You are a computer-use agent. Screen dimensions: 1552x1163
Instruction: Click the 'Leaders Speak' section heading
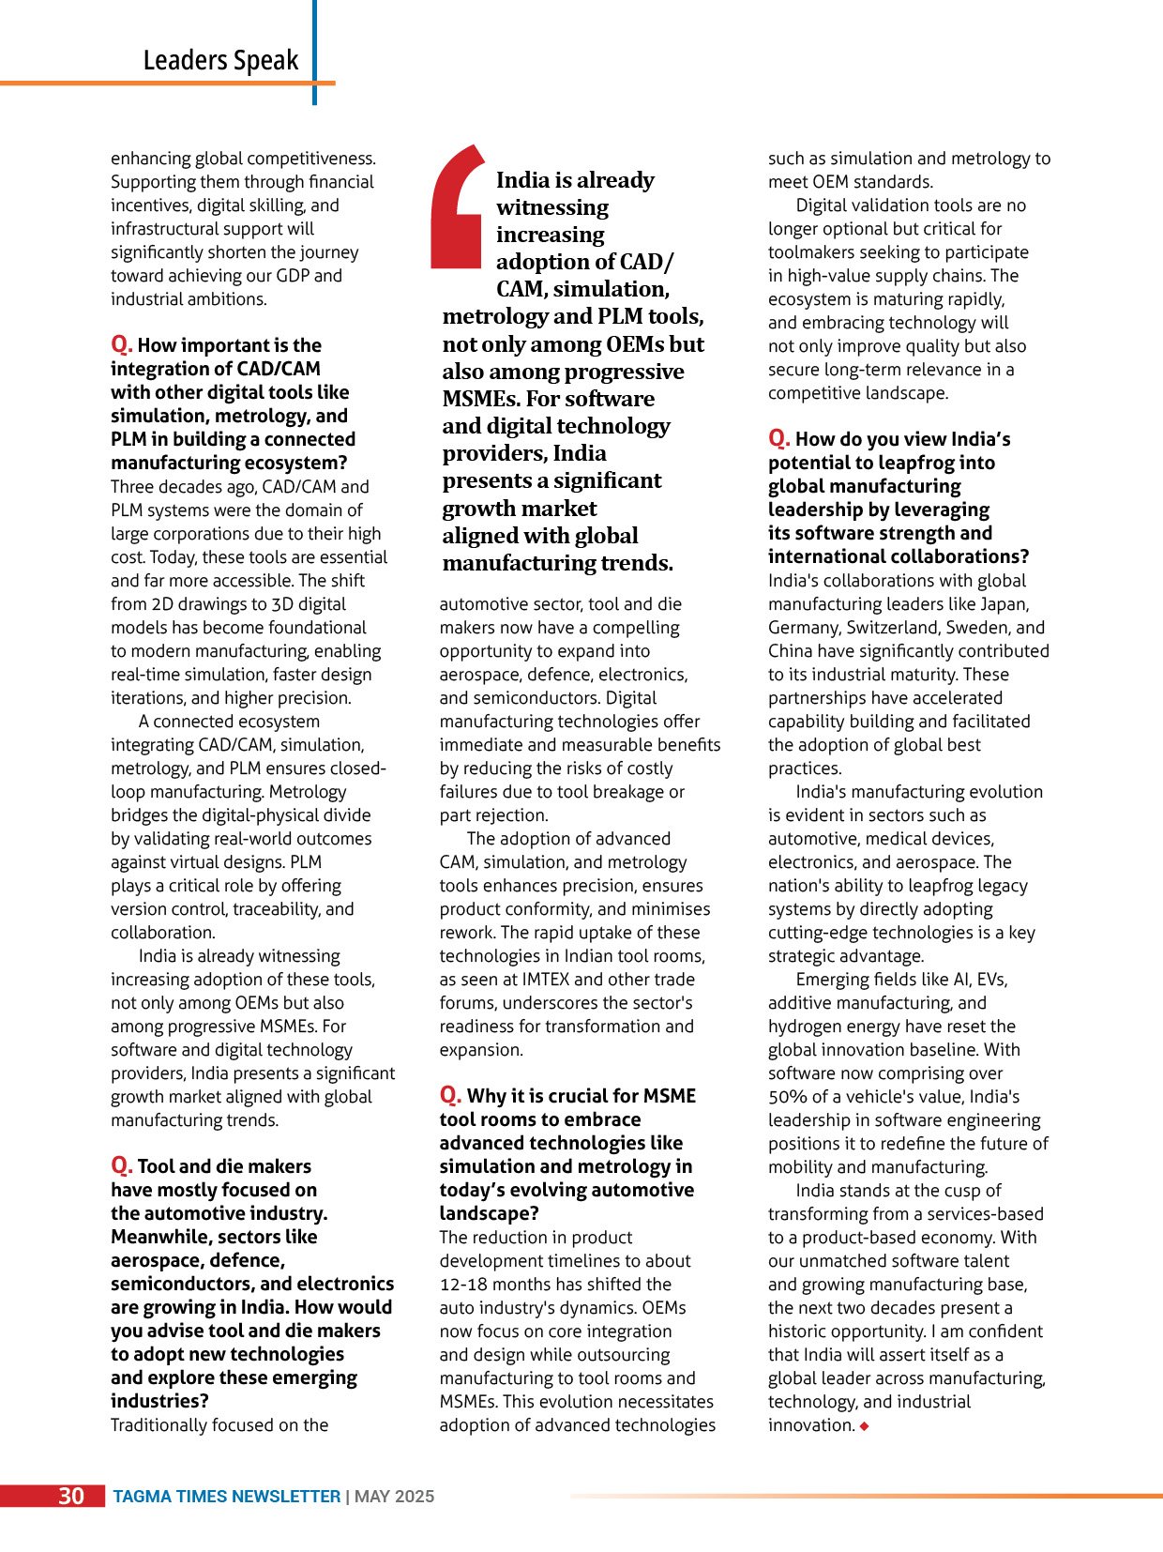(x=220, y=60)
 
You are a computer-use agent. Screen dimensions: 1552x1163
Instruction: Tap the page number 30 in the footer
(x=71, y=1496)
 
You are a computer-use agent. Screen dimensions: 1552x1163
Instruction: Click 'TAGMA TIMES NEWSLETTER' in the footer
(x=227, y=1497)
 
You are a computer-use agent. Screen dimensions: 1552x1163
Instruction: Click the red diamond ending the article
(x=864, y=1426)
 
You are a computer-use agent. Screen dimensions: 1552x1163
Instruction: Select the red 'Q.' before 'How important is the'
(x=121, y=344)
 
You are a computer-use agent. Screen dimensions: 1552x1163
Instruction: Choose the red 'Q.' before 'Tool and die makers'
(x=121, y=1165)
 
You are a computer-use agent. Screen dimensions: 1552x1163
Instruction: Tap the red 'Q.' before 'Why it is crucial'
(x=450, y=1095)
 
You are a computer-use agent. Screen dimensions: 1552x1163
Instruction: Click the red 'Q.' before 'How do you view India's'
(x=778, y=438)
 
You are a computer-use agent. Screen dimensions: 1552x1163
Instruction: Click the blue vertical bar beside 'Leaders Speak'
(x=314, y=52)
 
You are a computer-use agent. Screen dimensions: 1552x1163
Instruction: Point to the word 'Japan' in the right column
(x=1003, y=604)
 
